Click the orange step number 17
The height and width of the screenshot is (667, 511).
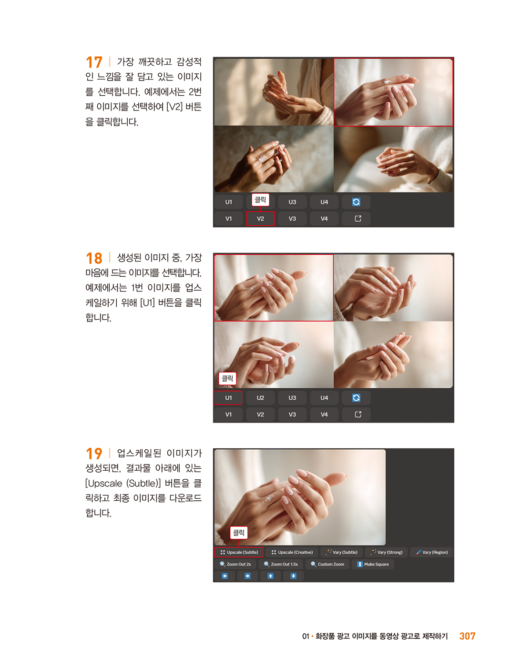pyautogui.click(x=94, y=62)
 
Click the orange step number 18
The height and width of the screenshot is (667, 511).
pyautogui.click(x=94, y=258)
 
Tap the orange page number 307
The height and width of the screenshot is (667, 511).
pyautogui.click(x=467, y=636)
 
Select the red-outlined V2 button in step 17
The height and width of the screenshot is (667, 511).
pyautogui.click(x=260, y=219)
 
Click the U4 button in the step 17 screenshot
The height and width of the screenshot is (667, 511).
pyautogui.click(x=324, y=202)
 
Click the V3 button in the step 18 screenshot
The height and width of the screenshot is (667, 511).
pyautogui.click(x=292, y=414)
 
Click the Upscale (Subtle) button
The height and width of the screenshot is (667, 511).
pyautogui.click(x=239, y=552)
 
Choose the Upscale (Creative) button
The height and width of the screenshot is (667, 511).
pyautogui.click(x=292, y=552)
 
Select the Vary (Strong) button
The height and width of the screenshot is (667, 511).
pyautogui.click(x=386, y=552)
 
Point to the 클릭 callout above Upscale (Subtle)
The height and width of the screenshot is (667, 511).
pyautogui.click(x=239, y=533)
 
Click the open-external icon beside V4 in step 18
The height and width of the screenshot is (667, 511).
pyautogui.click(x=358, y=414)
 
